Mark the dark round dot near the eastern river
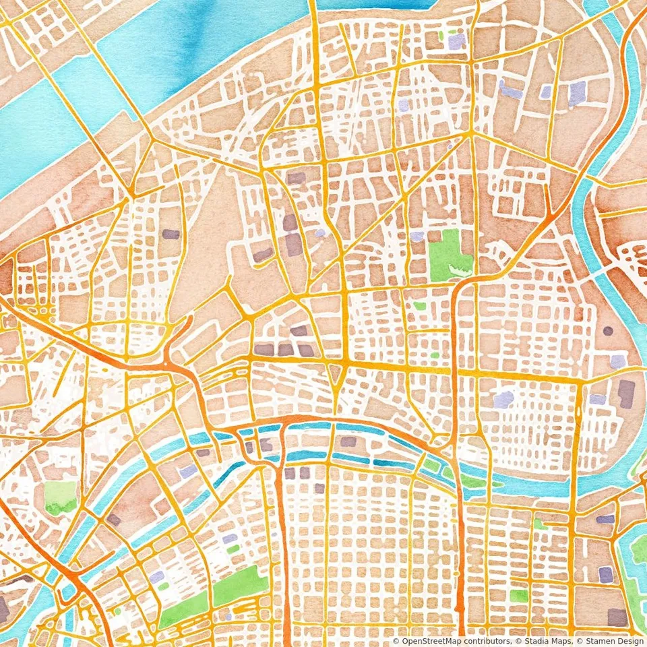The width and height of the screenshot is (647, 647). pos(608,331)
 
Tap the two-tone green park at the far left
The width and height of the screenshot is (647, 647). pos(61,497)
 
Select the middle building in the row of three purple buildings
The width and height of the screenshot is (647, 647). pos(286,350)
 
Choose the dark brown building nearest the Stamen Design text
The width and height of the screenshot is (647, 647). pos(617,616)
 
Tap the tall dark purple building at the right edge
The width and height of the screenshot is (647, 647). pos(627,394)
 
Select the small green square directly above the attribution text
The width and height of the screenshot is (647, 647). pos(519,596)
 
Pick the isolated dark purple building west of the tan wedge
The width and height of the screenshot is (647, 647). pos(171,235)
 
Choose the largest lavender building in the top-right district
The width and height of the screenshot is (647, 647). pos(577,94)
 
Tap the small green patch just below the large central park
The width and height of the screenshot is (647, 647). pos(420,305)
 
